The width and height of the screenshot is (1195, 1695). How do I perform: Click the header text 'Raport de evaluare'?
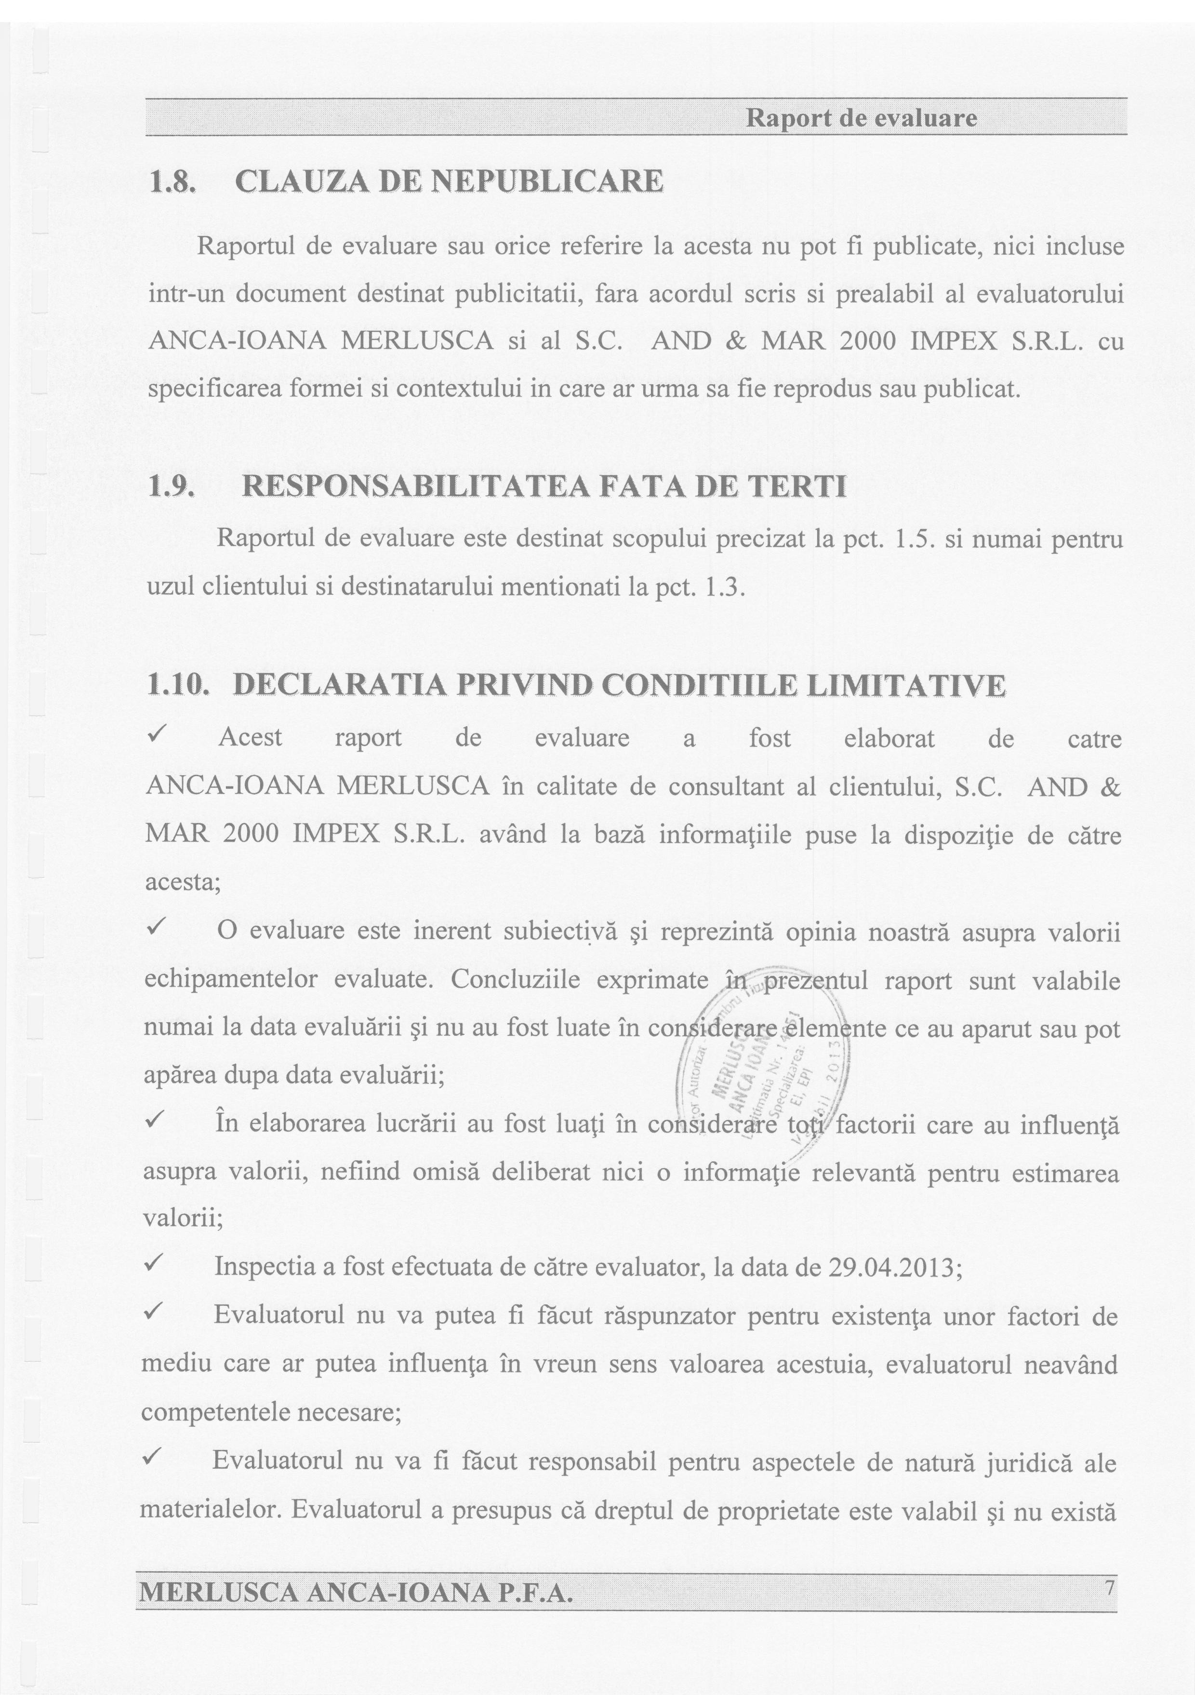tap(861, 118)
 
